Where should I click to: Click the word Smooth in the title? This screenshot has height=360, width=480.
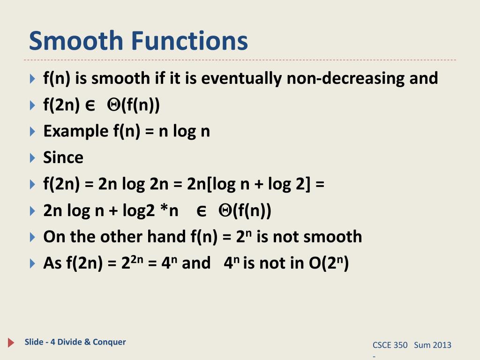coord(75,41)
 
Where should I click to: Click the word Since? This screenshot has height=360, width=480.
coord(63,157)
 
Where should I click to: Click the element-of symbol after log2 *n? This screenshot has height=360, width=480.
coord(202,211)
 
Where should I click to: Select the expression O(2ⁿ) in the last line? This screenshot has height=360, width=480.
coord(329,263)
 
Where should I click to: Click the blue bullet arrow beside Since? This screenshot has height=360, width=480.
coord(32,158)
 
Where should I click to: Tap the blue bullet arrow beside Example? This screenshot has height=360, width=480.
coord(32,132)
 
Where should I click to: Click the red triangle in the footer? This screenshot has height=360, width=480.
coord(11,343)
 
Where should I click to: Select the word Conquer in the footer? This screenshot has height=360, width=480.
coord(110,342)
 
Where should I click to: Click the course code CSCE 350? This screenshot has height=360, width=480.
coord(390,345)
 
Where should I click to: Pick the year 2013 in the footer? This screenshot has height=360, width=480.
coord(442,345)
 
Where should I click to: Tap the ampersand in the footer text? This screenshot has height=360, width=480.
coord(87,342)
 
